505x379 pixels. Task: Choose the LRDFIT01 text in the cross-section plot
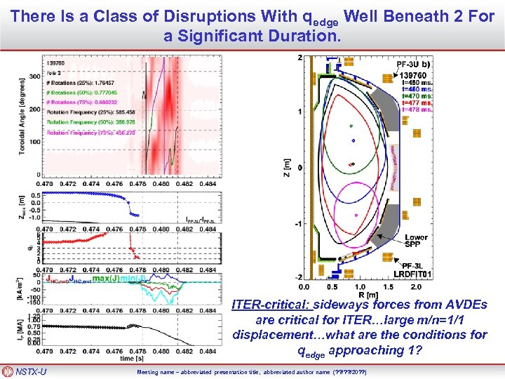(409, 274)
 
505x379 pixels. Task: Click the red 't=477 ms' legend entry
(417, 102)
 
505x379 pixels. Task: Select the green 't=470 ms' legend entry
(417, 96)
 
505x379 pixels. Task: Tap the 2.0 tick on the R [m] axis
(415, 287)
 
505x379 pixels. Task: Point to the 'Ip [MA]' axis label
(23, 330)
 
